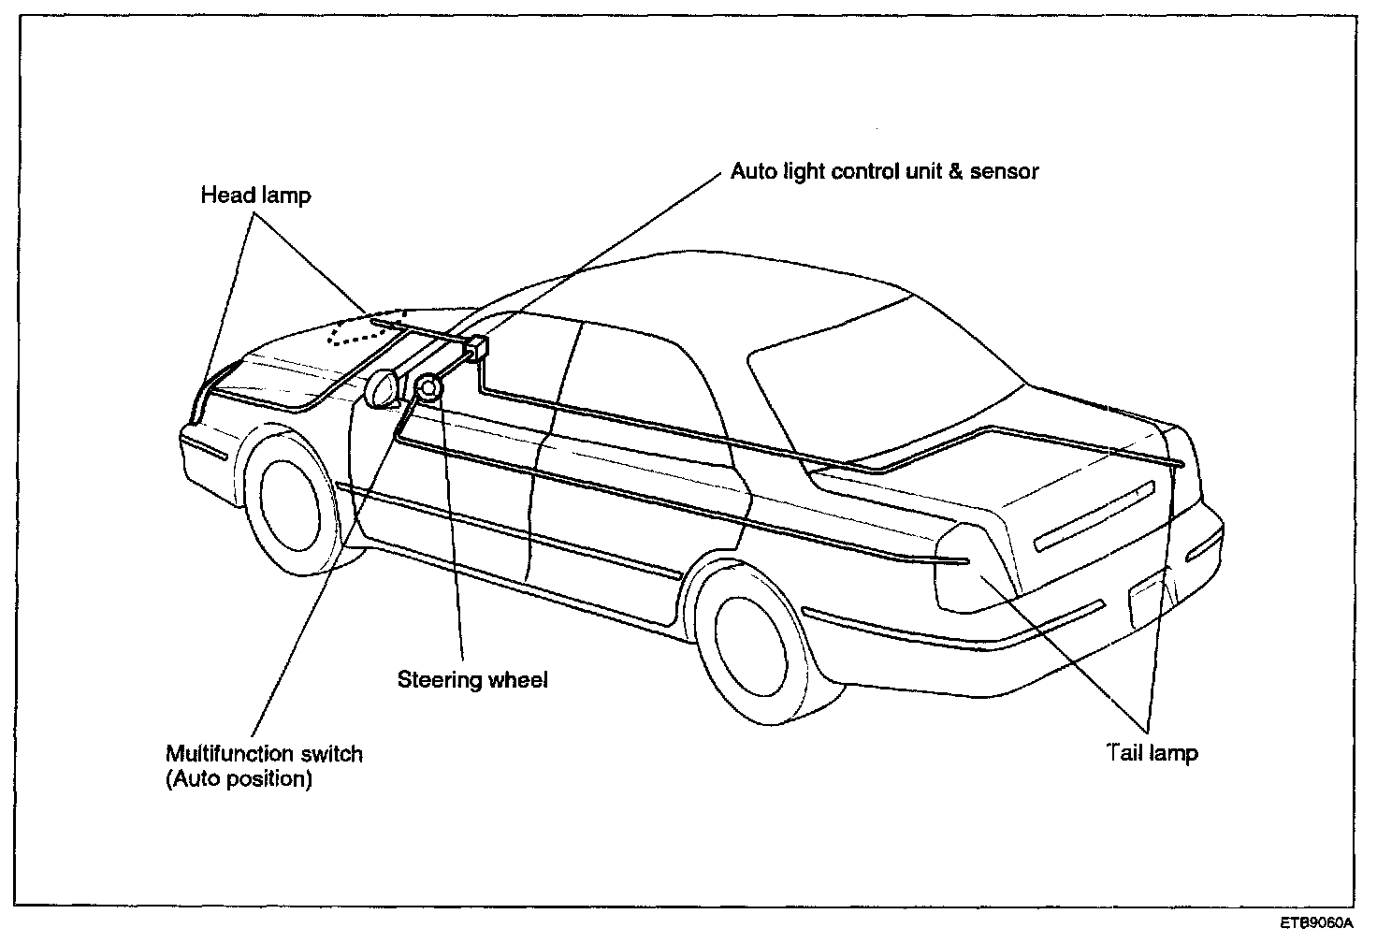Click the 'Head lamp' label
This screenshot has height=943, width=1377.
pos(255,196)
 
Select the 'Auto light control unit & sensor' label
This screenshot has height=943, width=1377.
pos(884,171)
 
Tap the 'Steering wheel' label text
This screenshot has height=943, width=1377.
pos(472,679)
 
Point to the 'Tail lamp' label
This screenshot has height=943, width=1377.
pos(1152,752)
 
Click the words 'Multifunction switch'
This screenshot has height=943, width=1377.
pos(264,754)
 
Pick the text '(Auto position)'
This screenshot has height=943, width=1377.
pos(239,778)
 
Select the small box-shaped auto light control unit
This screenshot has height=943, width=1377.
pos(476,349)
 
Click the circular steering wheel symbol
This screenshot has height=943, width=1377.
pos(428,387)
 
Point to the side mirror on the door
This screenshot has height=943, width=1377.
pos(384,389)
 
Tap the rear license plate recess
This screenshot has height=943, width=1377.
pos(1146,599)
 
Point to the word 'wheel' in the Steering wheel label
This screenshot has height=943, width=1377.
pos(518,679)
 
